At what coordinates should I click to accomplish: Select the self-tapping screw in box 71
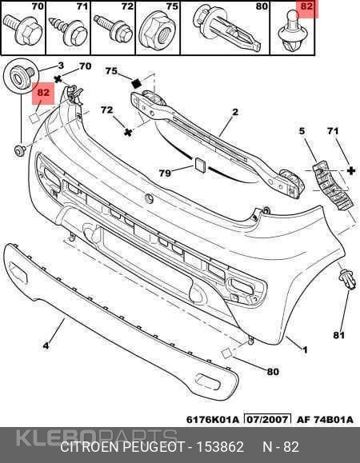tap(69, 30)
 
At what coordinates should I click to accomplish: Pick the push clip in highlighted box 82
tap(294, 33)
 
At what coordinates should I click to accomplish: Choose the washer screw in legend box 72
tap(114, 29)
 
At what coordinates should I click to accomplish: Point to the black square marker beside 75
tap(137, 83)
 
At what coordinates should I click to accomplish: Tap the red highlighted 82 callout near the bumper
tap(43, 93)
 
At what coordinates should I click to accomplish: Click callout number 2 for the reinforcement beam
tap(235, 112)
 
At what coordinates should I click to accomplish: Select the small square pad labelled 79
tap(200, 165)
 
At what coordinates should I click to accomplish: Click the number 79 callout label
tap(165, 173)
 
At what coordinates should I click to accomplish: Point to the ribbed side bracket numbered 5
tap(330, 186)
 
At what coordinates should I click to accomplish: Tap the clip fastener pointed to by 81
tap(348, 279)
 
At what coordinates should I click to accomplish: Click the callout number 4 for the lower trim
tap(46, 345)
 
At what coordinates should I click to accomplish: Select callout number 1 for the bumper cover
tap(305, 350)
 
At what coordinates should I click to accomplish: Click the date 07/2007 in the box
tap(267, 420)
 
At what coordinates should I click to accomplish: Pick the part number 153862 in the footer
tap(220, 447)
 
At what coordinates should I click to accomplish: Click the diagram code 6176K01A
tap(212, 420)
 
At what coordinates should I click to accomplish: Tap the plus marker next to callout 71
tap(351, 170)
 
